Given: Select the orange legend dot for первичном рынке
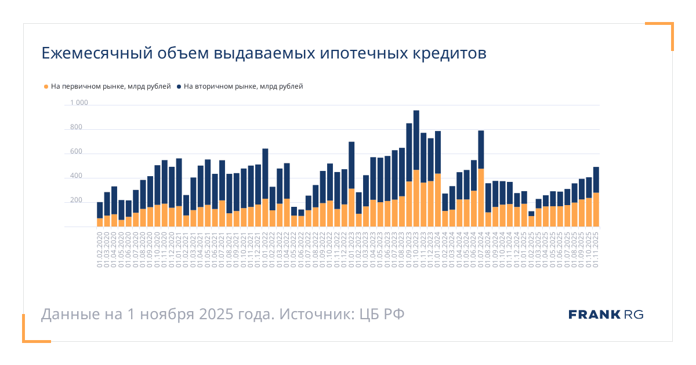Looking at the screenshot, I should click(x=46, y=87).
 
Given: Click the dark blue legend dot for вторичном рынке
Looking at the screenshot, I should click(x=179, y=87).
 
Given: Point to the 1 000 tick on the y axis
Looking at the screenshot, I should click(x=79, y=103).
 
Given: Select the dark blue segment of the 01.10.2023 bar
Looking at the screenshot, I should click(x=416, y=140).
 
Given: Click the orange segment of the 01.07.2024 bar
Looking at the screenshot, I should click(x=481, y=197).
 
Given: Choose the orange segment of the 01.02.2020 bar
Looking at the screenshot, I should click(x=100, y=222).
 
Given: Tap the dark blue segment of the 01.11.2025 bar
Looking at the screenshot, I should click(x=596, y=180).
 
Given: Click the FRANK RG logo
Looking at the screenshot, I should click(x=606, y=315).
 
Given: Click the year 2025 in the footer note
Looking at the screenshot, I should click(x=217, y=315).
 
